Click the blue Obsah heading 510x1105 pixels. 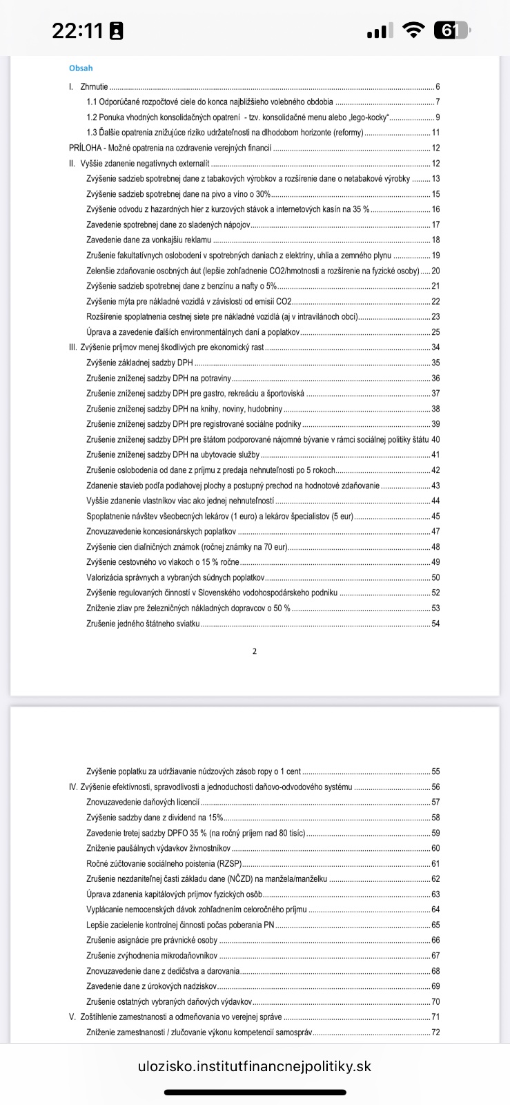pos(81,68)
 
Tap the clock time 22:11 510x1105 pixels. pos(77,31)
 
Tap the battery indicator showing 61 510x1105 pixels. pos(451,30)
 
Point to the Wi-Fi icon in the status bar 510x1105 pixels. pos(414,30)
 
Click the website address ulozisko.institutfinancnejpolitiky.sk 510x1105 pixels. pos(255,1066)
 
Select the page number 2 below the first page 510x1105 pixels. pos(255,651)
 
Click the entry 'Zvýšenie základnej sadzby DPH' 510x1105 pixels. pos(140,363)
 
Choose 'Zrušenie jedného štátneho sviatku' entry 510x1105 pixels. pos(143,624)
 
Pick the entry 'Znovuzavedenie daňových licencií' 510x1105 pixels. pos(143,803)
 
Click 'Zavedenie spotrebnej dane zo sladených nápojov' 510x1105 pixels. pos(168,225)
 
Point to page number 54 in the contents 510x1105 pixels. pos(435,624)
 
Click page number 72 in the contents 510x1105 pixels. pos(435,1032)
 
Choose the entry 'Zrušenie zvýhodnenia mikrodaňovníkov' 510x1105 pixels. pos(152,956)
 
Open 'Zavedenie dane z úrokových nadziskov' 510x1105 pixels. pos(152,986)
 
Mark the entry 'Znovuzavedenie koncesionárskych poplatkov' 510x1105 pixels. pos(161,532)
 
